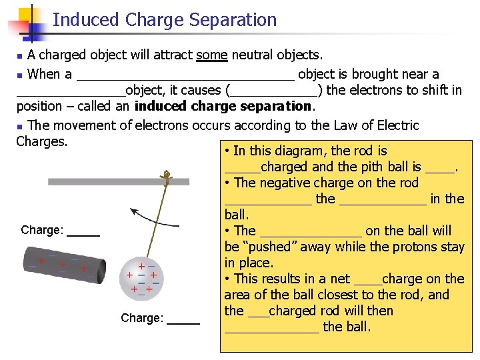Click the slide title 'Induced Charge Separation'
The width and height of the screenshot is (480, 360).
[x=164, y=20]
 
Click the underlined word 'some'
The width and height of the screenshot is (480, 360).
[x=212, y=55]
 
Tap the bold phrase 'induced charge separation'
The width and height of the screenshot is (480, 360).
[x=223, y=106]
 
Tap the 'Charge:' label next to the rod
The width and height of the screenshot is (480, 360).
[x=42, y=231]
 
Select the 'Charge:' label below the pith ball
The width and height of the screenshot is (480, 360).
[x=142, y=319]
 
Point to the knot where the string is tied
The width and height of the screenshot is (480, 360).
[x=169, y=178]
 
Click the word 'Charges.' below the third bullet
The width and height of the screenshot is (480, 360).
[x=41, y=141]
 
